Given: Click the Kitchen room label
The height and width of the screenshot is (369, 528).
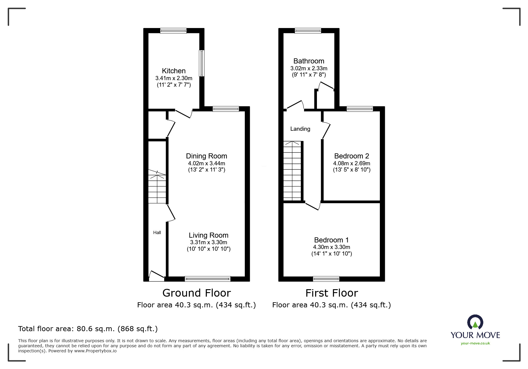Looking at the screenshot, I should (x=174, y=71).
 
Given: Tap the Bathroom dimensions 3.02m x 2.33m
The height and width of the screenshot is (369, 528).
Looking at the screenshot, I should (x=309, y=68).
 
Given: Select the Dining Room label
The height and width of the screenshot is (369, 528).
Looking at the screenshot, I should (x=206, y=156).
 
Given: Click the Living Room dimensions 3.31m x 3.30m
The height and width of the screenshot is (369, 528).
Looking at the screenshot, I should (x=208, y=242).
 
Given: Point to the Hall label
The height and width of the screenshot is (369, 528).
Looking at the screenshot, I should (x=157, y=233).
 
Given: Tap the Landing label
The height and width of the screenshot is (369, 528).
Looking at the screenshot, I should (x=300, y=129).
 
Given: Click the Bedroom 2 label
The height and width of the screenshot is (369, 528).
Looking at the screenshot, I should (x=352, y=156).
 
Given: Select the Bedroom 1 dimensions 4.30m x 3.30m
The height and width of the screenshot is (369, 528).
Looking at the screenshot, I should (x=331, y=247).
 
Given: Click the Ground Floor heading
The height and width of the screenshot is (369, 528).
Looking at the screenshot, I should (x=196, y=293).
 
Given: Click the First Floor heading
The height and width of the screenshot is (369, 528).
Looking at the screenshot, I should (x=331, y=293).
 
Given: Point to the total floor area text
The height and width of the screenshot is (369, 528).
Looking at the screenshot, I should (x=88, y=329).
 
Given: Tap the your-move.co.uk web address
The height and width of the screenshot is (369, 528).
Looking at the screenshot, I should (x=475, y=343).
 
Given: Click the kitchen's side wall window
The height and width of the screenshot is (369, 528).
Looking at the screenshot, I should (x=202, y=63).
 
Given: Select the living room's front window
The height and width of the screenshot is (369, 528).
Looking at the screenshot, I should (x=208, y=279).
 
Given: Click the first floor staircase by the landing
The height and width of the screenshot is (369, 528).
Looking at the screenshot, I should (x=292, y=171).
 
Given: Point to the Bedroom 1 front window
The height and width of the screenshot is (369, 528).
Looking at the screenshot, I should (x=326, y=279).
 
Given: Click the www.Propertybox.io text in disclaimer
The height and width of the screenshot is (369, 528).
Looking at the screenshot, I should (x=95, y=351).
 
